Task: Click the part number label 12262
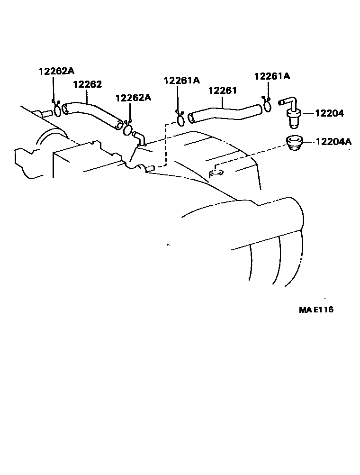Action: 87,84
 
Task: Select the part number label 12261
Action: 222,91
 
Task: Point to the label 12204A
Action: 333,141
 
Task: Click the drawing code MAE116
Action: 316,310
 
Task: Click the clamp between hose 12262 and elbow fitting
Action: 127,128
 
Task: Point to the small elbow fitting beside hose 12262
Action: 139,138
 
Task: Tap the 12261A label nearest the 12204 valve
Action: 272,76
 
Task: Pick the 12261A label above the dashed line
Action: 182,81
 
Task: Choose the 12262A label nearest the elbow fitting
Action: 133,98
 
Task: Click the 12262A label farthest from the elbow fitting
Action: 56,71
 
